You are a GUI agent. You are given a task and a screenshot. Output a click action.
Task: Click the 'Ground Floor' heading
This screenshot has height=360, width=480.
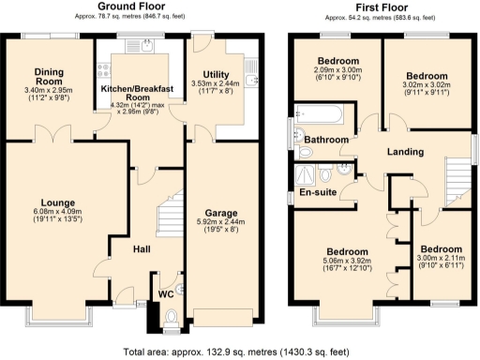[x=126, y=7]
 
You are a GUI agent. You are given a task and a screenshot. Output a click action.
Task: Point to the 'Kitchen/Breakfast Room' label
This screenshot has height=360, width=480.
[x=140, y=91]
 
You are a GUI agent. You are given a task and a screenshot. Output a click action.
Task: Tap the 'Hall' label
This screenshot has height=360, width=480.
[x=142, y=249]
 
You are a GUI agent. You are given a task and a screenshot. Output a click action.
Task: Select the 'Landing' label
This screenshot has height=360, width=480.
[x=405, y=152]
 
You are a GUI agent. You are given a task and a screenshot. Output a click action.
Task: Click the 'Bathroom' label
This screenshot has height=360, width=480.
[x=326, y=141]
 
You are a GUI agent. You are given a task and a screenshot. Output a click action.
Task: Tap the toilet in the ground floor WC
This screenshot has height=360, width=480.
[x=170, y=322]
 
